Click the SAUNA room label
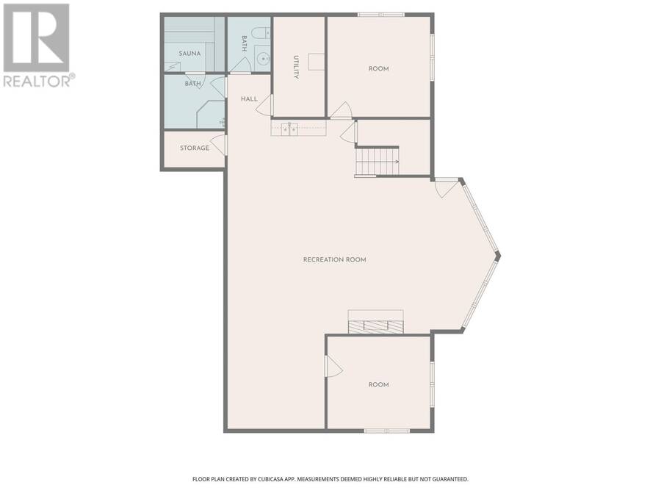click(x=189, y=54)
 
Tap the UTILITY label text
click(x=296, y=67)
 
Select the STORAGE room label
click(x=195, y=148)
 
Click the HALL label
click(x=249, y=99)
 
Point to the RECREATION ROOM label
click(x=335, y=259)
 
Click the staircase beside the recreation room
click(x=378, y=161)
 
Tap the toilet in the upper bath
click(x=263, y=32)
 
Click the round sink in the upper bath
click(x=264, y=59)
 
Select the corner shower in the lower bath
click(x=211, y=114)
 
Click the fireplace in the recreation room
click(x=375, y=322)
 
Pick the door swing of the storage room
click(x=219, y=145)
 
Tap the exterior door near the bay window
click(x=445, y=187)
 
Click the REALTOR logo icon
click(x=36, y=37)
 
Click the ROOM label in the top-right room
click(x=378, y=69)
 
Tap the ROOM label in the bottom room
click(x=378, y=384)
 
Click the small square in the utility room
click(x=316, y=62)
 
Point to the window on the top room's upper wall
click(x=381, y=15)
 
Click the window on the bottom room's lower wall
click(x=387, y=431)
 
